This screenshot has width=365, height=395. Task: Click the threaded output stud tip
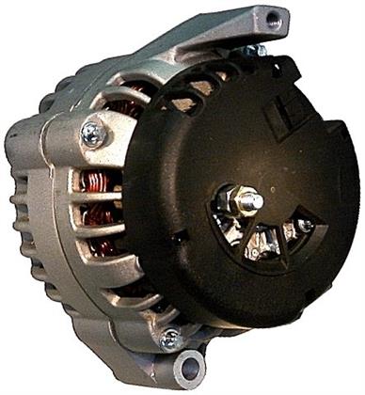pyautogui.click(x=258, y=197)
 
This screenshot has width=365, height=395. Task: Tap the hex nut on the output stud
pyautogui.click(x=246, y=201)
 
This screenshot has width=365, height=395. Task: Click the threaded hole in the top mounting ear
pyautogui.click(x=274, y=17)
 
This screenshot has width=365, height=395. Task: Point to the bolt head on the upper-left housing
pyautogui.click(x=93, y=134)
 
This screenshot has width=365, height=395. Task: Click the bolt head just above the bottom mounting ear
pyautogui.click(x=170, y=339)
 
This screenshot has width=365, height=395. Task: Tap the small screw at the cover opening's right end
pyautogui.click(x=304, y=226)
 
